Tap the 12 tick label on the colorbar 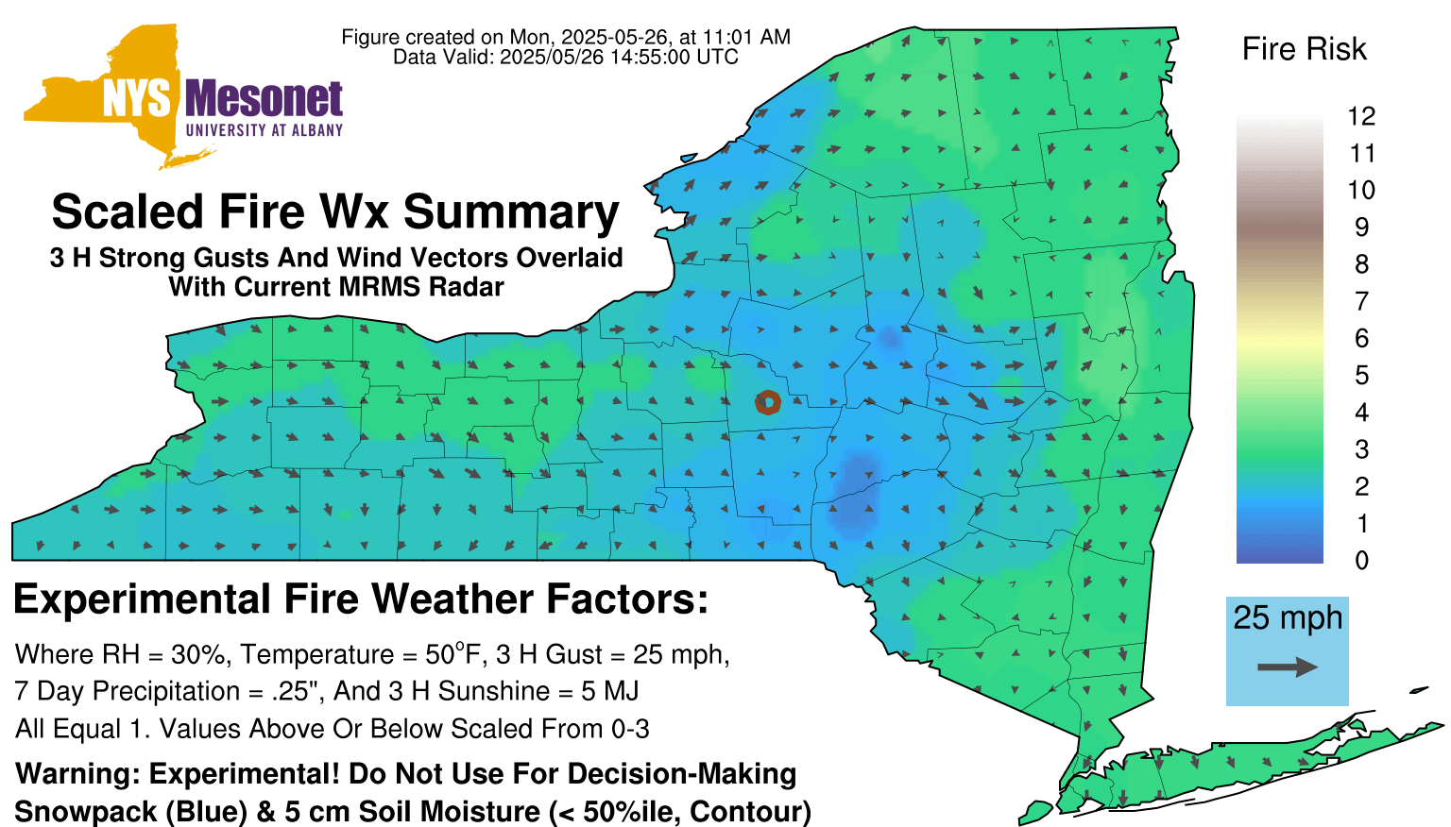[1361, 116]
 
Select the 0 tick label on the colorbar [1361, 561]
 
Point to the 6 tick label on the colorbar [1361, 338]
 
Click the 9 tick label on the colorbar [1361, 228]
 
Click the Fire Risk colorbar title [1304, 49]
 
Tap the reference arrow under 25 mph [1288, 667]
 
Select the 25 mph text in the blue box [1288, 618]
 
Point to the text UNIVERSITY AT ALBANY [265, 130]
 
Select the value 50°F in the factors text [453, 654]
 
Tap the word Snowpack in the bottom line [86, 812]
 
